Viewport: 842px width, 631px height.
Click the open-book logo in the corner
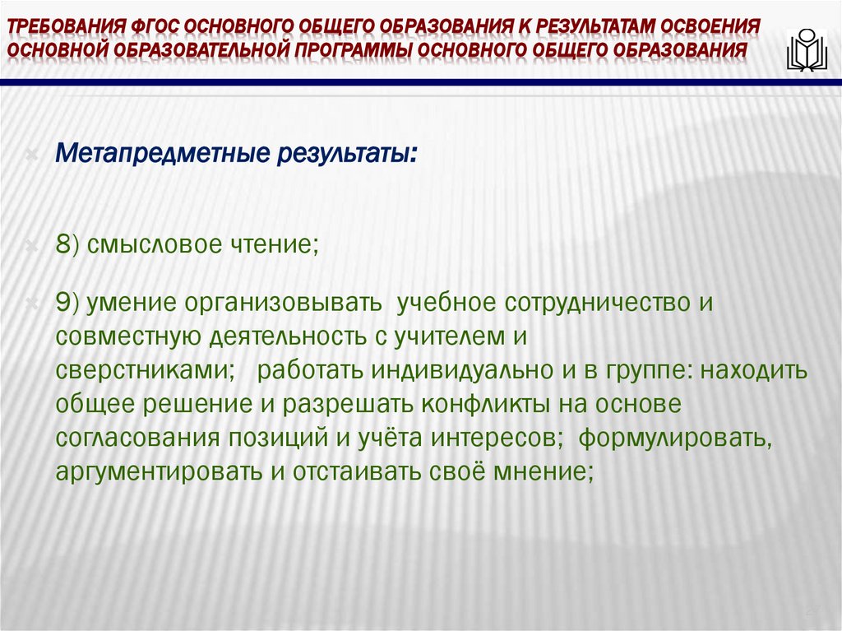(806, 51)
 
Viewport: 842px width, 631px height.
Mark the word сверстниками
(142, 370)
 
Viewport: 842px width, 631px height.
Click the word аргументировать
(157, 472)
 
